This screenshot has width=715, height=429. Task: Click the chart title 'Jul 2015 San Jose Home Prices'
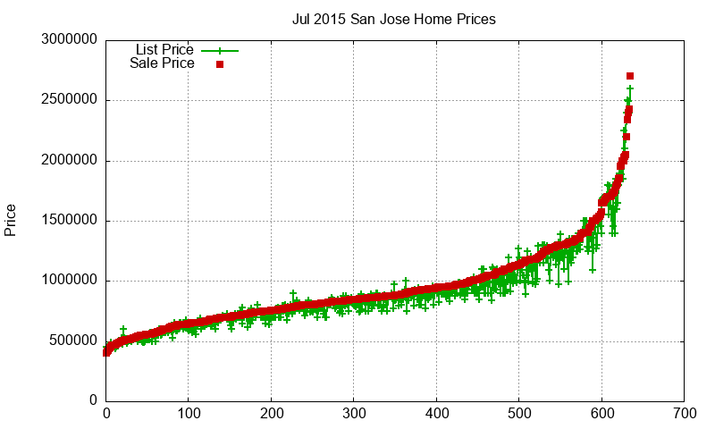393,19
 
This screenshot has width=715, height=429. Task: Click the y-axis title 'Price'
11,220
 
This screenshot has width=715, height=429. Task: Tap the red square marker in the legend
219,64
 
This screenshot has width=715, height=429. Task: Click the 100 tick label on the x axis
189,414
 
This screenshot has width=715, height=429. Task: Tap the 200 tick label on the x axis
271,414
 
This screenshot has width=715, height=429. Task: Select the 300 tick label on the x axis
354,414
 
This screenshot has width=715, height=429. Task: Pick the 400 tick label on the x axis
436,414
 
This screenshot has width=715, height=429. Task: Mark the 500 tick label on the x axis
519,414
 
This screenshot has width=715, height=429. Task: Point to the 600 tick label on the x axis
601,414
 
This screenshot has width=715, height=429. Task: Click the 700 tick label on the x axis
685,414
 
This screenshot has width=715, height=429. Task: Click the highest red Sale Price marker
630,76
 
